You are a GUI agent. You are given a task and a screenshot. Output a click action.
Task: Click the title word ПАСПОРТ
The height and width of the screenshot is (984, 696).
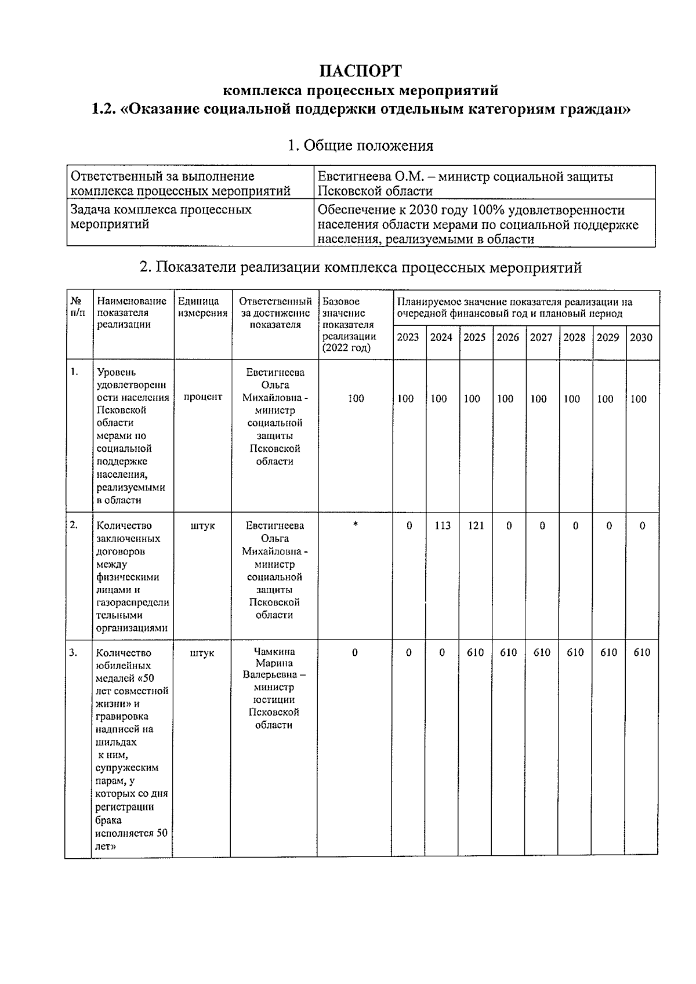click(360, 71)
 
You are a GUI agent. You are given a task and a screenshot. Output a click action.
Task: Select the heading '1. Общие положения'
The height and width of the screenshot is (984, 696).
click(360, 146)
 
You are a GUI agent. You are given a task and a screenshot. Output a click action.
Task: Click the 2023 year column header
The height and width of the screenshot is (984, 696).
click(408, 337)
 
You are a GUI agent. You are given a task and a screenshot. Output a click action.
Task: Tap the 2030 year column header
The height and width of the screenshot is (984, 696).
click(641, 337)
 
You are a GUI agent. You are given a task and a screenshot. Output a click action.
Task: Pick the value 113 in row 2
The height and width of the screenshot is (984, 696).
click(443, 526)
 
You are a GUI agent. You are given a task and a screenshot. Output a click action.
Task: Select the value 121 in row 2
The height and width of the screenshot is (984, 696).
click(476, 526)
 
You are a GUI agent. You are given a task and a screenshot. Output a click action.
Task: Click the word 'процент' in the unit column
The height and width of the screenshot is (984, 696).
click(203, 397)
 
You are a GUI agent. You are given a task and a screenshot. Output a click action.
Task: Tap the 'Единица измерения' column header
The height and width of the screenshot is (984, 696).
click(202, 307)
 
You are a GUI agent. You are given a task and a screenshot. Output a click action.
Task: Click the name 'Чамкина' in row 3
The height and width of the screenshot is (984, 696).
click(274, 651)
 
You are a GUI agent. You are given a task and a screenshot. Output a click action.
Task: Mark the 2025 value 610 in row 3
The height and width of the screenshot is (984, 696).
click(476, 652)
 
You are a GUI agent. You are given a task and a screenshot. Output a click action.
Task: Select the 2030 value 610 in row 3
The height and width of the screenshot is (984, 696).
click(641, 652)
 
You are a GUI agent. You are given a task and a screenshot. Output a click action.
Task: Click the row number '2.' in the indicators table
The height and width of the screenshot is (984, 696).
click(74, 525)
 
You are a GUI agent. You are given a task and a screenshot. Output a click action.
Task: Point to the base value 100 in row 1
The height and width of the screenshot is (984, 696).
click(356, 398)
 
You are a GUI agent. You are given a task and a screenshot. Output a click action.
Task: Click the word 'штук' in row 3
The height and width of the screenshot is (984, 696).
click(202, 653)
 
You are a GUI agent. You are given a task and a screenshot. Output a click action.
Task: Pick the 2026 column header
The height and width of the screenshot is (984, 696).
click(507, 337)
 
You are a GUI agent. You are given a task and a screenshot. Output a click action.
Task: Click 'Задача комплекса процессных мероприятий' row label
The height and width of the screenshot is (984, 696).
click(161, 217)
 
